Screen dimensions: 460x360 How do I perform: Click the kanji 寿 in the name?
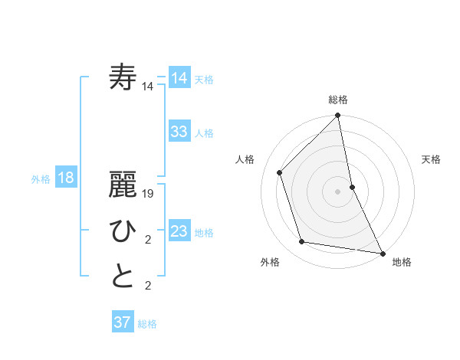123,78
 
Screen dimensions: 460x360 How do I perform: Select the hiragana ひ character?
123,231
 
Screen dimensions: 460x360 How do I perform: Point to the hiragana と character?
123,277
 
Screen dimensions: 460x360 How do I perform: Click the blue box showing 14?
179,78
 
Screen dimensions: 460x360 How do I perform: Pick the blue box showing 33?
179,131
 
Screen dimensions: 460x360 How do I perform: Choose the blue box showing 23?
179,231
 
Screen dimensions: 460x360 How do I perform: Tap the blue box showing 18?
66,178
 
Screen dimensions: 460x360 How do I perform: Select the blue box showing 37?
122,322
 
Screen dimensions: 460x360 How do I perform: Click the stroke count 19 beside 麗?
149,194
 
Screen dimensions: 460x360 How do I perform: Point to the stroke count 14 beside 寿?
148,87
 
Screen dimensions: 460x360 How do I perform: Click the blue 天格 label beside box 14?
204,80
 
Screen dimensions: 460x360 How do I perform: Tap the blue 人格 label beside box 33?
204,133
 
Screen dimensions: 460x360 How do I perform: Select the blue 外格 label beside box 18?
41,179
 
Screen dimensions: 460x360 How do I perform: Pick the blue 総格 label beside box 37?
147,324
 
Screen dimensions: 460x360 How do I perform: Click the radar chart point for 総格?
337,116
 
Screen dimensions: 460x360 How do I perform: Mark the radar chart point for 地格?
382,253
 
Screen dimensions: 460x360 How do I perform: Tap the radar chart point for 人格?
280,172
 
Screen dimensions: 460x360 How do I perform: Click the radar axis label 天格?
431,159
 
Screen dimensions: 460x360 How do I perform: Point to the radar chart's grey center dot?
337,191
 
